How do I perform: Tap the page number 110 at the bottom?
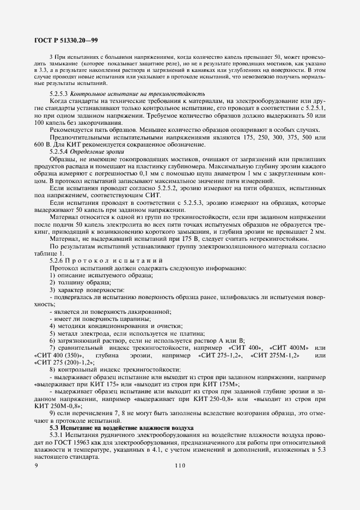(180, 465)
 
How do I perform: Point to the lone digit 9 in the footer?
(36, 465)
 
